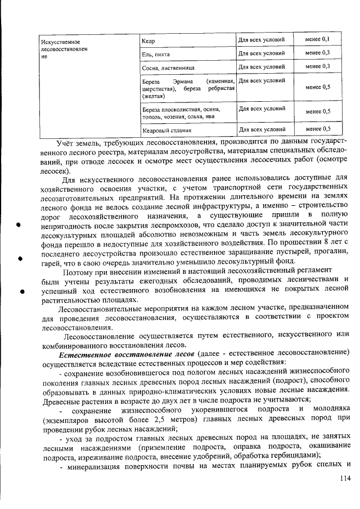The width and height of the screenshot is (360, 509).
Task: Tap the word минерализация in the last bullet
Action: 92,465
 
